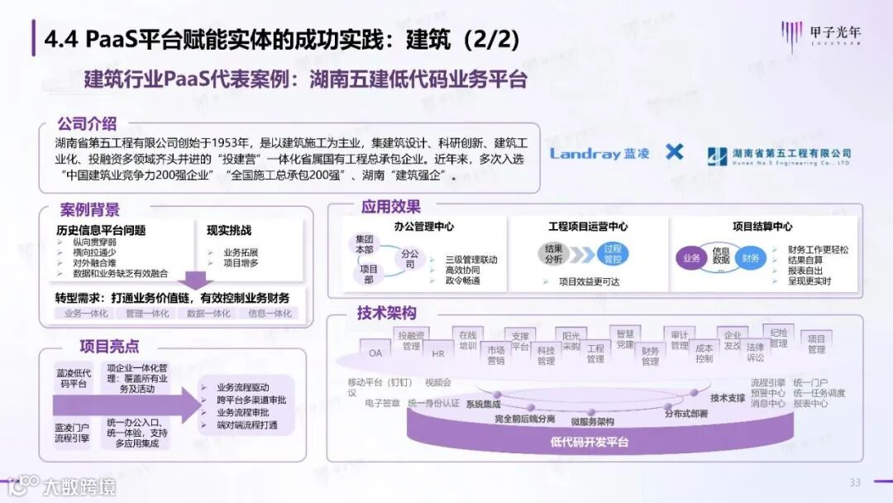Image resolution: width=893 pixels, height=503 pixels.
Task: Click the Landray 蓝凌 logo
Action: click(599, 153)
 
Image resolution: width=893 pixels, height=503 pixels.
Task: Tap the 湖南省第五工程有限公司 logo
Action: click(779, 156)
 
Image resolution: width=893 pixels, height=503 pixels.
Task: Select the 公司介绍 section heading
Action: click(88, 124)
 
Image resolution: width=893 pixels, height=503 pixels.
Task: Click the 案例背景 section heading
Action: click(89, 209)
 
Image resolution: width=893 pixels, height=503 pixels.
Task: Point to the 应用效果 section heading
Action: click(390, 207)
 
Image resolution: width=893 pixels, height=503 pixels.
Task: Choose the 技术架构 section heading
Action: click(386, 314)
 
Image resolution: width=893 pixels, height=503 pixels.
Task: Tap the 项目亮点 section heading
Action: click(109, 346)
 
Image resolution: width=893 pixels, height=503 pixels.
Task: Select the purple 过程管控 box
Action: click(613, 253)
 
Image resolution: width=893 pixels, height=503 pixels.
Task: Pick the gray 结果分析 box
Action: click(555, 253)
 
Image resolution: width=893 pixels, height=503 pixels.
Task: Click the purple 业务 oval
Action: click(691, 258)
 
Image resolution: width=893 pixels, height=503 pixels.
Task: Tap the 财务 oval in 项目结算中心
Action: click(751, 258)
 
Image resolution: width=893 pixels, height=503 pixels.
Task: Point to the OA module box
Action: click(375, 352)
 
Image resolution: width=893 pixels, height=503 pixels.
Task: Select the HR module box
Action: click(438, 353)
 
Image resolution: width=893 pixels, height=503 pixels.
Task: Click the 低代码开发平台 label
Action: click(589, 442)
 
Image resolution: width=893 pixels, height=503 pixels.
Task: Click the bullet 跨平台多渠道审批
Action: click(246, 400)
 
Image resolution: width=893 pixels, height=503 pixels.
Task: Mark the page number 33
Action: click(855, 482)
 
